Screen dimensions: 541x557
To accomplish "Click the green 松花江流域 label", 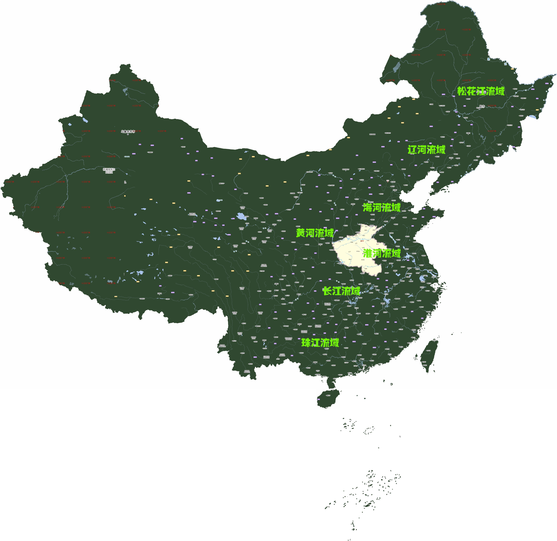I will click(x=481, y=91).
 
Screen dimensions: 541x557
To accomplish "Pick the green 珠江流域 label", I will click(x=320, y=343).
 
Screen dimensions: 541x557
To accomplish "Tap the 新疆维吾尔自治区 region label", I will click(x=109, y=170).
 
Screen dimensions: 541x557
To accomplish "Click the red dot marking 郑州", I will click(x=362, y=241).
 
